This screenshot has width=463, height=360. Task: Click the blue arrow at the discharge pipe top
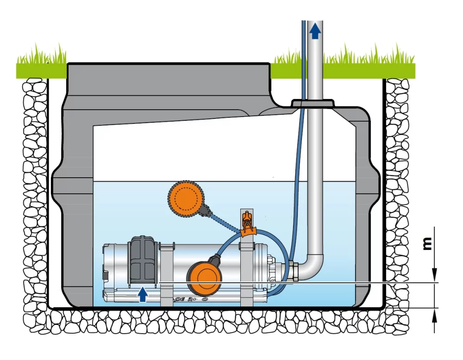pos(315,31)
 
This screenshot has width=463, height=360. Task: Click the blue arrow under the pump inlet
pos(144,294)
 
